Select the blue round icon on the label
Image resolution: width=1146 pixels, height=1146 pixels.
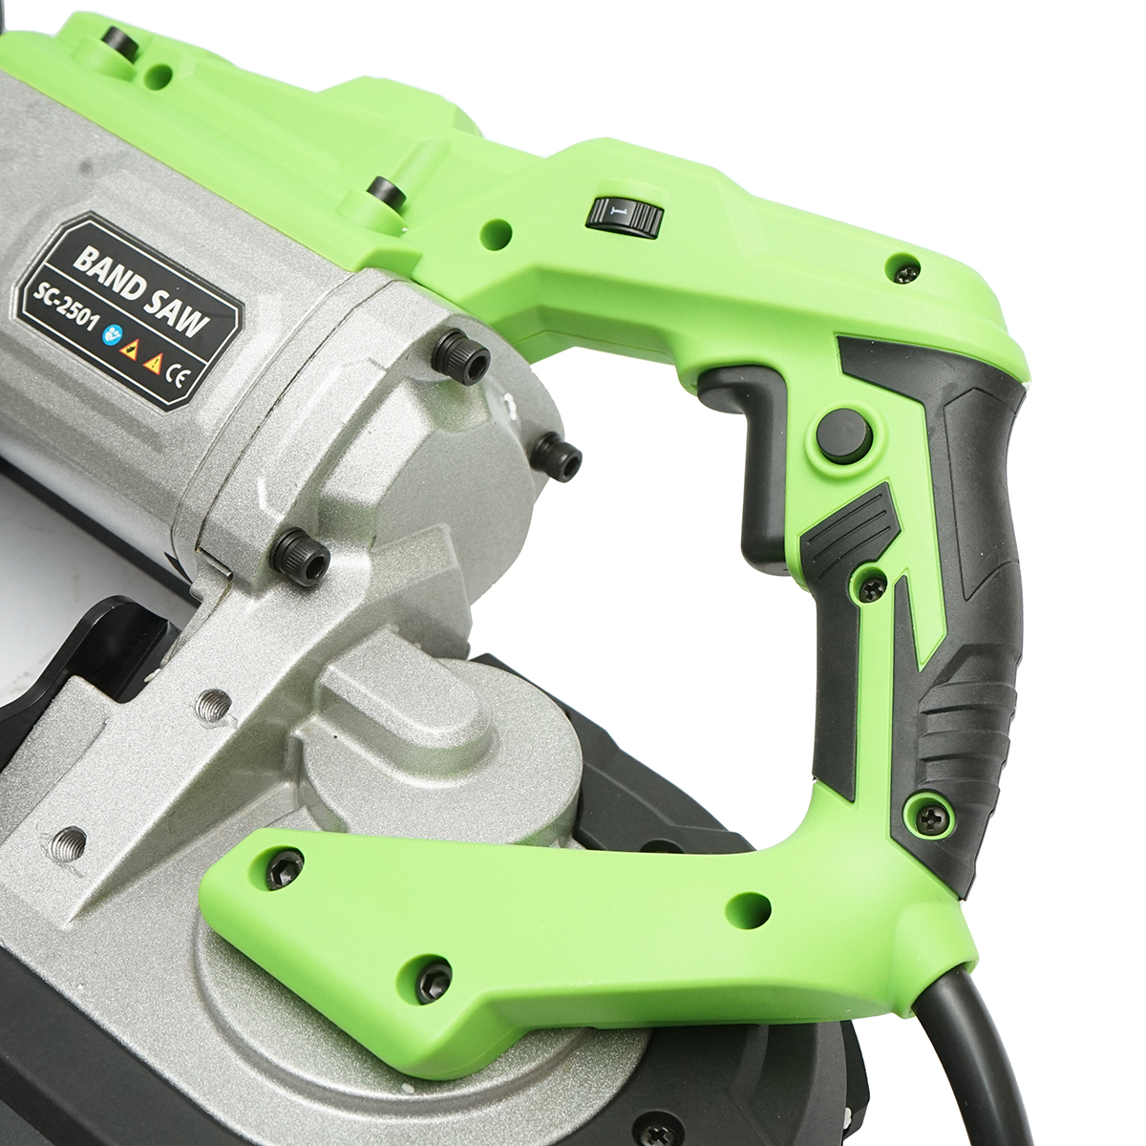[x=111, y=336]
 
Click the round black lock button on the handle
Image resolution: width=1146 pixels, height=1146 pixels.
[x=843, y=433]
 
